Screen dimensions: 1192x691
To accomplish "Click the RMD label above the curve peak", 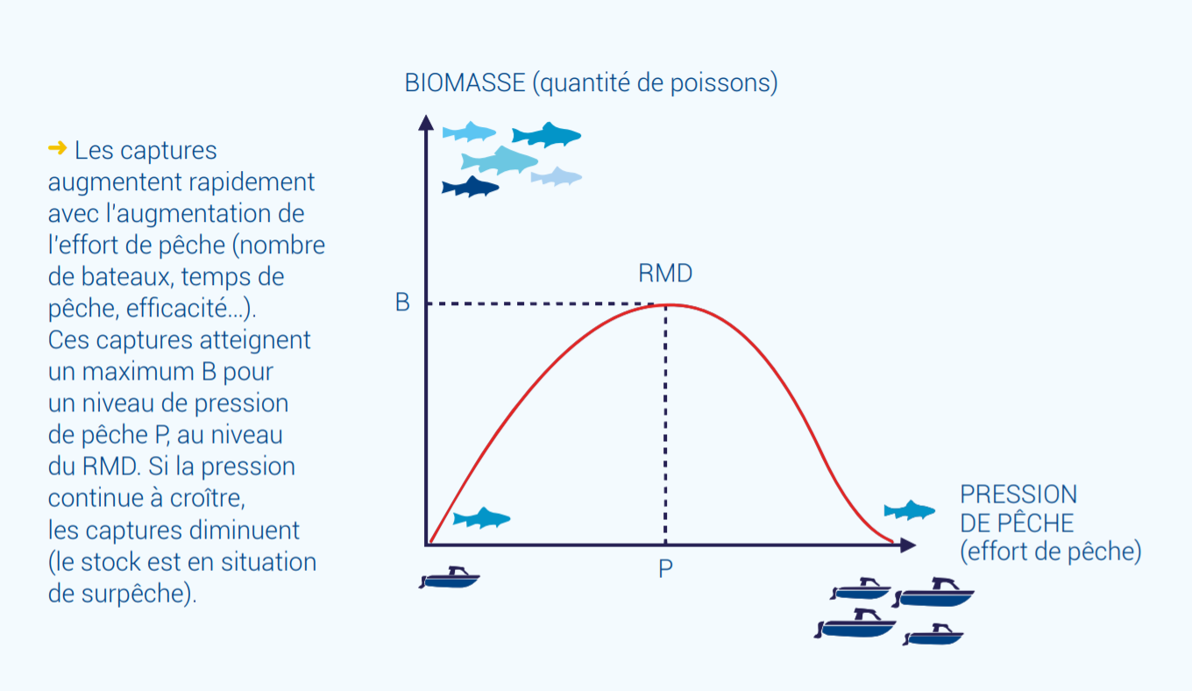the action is [x=665, y=273].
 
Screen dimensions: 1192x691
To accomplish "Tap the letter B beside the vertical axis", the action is [x=402, y=303].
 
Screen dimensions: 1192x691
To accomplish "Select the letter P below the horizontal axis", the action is [x=665, y=568].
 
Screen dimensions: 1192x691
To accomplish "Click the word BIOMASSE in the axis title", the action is [x=465, y=83].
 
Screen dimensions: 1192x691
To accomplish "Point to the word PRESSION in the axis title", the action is [x=1018, y=495].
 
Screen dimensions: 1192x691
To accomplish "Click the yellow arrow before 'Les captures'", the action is [x=58, y=147].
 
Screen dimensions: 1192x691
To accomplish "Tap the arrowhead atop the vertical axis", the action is [x=426, y=123].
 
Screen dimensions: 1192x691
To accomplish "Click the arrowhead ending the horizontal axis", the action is [x=908, y=545].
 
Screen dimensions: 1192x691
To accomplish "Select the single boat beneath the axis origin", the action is [x=450, y=578].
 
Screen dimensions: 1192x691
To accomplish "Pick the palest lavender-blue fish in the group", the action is [x=556, y=177].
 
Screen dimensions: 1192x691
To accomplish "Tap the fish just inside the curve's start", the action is [x=481, y=518].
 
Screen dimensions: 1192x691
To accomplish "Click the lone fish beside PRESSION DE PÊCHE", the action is [x=910, y=510].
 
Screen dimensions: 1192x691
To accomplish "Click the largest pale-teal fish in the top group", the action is [x=500, y=160].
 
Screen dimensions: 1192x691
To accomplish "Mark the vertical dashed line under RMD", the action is [x=665, y=424].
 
